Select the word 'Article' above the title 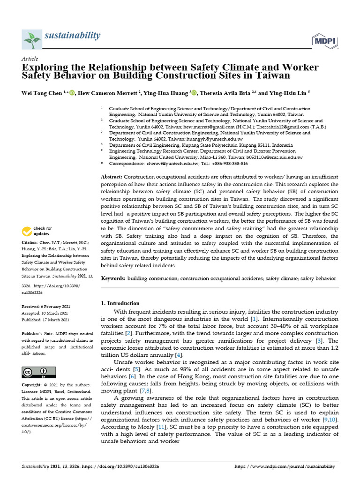point(30,59)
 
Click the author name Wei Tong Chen point(42,93)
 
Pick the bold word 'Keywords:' point(113,278)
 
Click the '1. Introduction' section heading point(120,303)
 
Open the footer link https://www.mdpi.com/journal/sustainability point(284,467)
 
